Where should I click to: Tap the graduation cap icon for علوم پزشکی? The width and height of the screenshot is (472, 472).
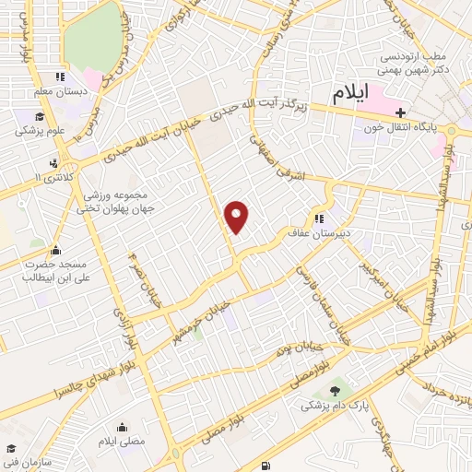pos(40,117)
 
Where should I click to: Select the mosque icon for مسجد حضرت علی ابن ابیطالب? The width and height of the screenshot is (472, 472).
pos(55,249)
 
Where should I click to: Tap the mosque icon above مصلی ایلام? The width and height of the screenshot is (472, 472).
pos(124,427)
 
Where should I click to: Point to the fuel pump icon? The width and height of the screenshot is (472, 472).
pos(266,465)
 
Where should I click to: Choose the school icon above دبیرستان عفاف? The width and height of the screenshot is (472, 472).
pos(320,218)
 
